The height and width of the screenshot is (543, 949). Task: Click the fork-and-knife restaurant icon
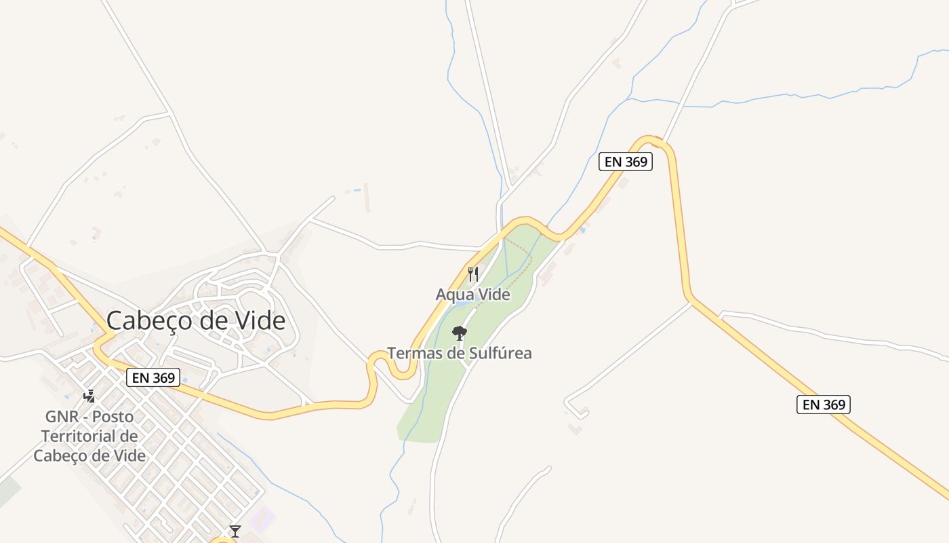[473, 274]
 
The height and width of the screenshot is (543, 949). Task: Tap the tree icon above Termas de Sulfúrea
[460, 333]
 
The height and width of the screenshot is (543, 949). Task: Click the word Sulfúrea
[500, 353]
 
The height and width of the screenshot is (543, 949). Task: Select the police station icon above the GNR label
[89, 396]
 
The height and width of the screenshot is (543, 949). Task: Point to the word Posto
[113, 416]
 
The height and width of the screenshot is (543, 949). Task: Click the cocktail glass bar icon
[235, 531]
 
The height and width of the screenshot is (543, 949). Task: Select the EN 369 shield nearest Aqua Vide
[625, 162]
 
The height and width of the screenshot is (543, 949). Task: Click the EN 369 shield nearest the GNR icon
[153, 377]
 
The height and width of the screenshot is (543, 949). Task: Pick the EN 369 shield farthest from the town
[823, 405]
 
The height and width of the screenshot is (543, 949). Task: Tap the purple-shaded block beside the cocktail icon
[262, 520]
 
